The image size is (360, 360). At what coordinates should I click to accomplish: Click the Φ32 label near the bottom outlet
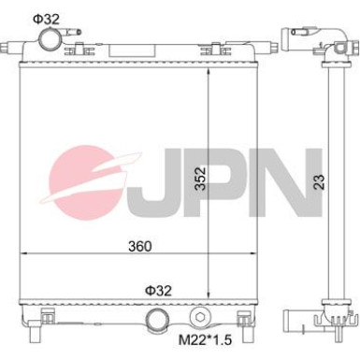click(158, 290)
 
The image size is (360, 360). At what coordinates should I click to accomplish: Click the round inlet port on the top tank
click(50, 40)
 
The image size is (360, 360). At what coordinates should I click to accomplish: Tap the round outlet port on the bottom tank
click(159, 324)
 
